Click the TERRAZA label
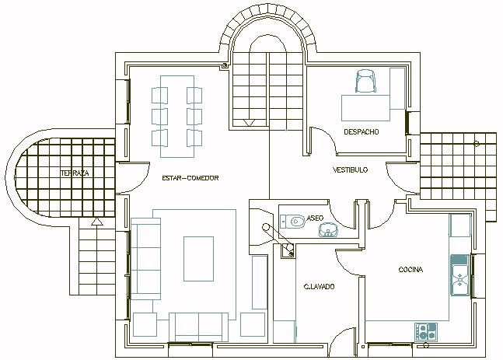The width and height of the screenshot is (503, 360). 75,173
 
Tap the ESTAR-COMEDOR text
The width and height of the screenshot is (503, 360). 190,178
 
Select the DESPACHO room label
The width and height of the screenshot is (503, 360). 362,132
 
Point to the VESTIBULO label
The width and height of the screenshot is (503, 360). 351,170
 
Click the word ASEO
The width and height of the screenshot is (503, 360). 315,218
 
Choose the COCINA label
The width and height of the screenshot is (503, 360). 410,270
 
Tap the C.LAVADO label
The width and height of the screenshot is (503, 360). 320,286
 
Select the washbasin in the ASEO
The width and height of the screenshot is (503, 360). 329,230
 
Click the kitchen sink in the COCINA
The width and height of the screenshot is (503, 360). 460,275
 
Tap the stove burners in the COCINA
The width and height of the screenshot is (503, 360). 426,332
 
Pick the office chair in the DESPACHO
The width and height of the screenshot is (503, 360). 365,82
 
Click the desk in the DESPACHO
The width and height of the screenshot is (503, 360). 365,108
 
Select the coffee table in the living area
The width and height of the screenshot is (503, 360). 198,259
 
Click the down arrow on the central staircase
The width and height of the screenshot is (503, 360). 250,123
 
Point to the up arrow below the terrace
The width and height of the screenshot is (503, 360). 96,222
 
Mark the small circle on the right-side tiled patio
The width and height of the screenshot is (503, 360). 477,144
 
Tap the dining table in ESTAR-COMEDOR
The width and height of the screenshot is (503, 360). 177,117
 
